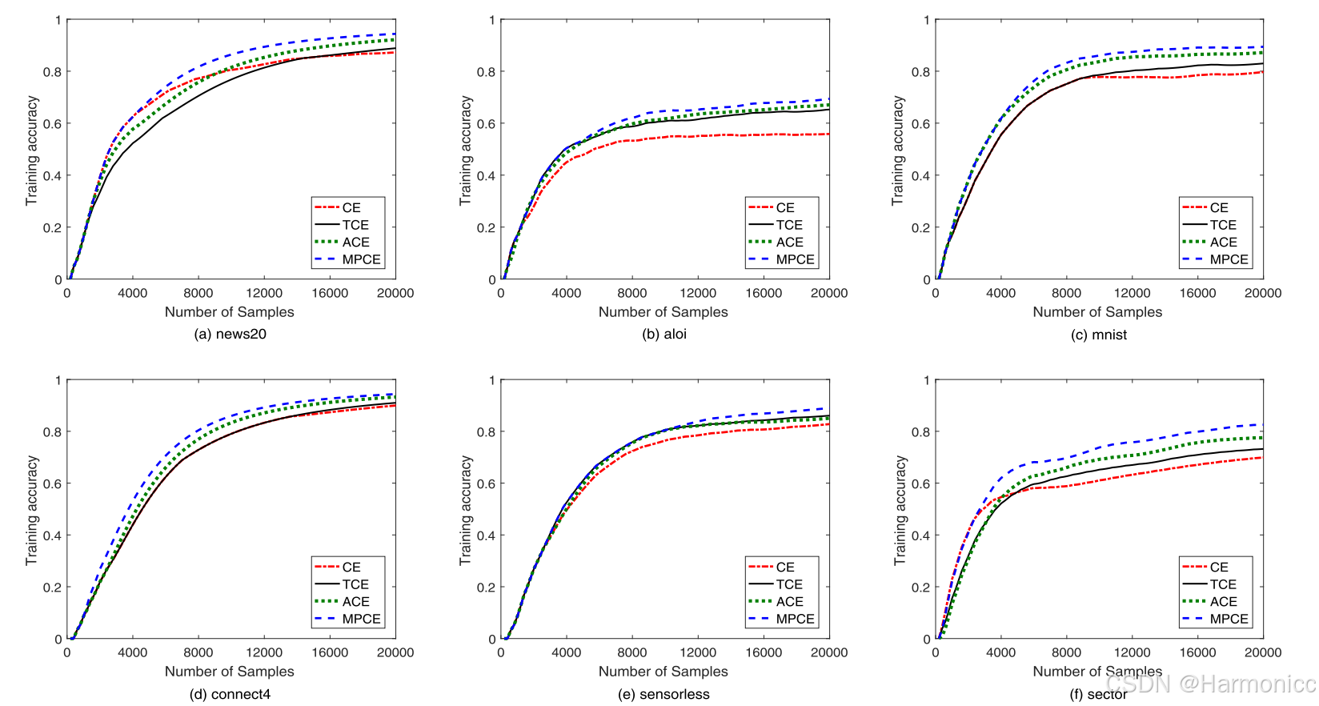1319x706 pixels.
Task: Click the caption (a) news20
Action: pyautogui.click(x=230, y=335)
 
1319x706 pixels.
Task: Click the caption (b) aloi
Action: pyautogui.click(x=664, y=335)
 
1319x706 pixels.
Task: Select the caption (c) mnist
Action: pyautogui.click(x=1098, y=335)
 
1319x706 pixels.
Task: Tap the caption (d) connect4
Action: pyautogui.click(x=230, y=695)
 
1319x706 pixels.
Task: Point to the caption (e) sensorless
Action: pyautogui.click(x=664, y=695)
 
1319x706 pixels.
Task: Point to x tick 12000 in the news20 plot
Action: pyautogui.click(x=264, y=293)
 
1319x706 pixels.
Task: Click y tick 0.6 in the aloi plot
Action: pyautogui.click(x=486, y=124)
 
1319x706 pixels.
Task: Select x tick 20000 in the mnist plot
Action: pyautogui.click(x=1262, y=293)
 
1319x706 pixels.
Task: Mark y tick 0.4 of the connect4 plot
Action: pyautogui.click(x=52, y=536)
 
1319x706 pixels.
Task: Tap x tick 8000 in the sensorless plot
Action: pyautogui.click(x=631, y=652)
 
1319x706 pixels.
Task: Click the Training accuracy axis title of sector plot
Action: pyautogui.click(x=900, y=511)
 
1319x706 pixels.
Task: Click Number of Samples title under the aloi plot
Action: pyautogui.click(x=663, y=312)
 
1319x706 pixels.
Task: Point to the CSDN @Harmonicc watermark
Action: pyautogui.click(x=1209, y=684)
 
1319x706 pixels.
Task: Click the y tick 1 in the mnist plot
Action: pyautogui.click(x=926, y=20)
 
